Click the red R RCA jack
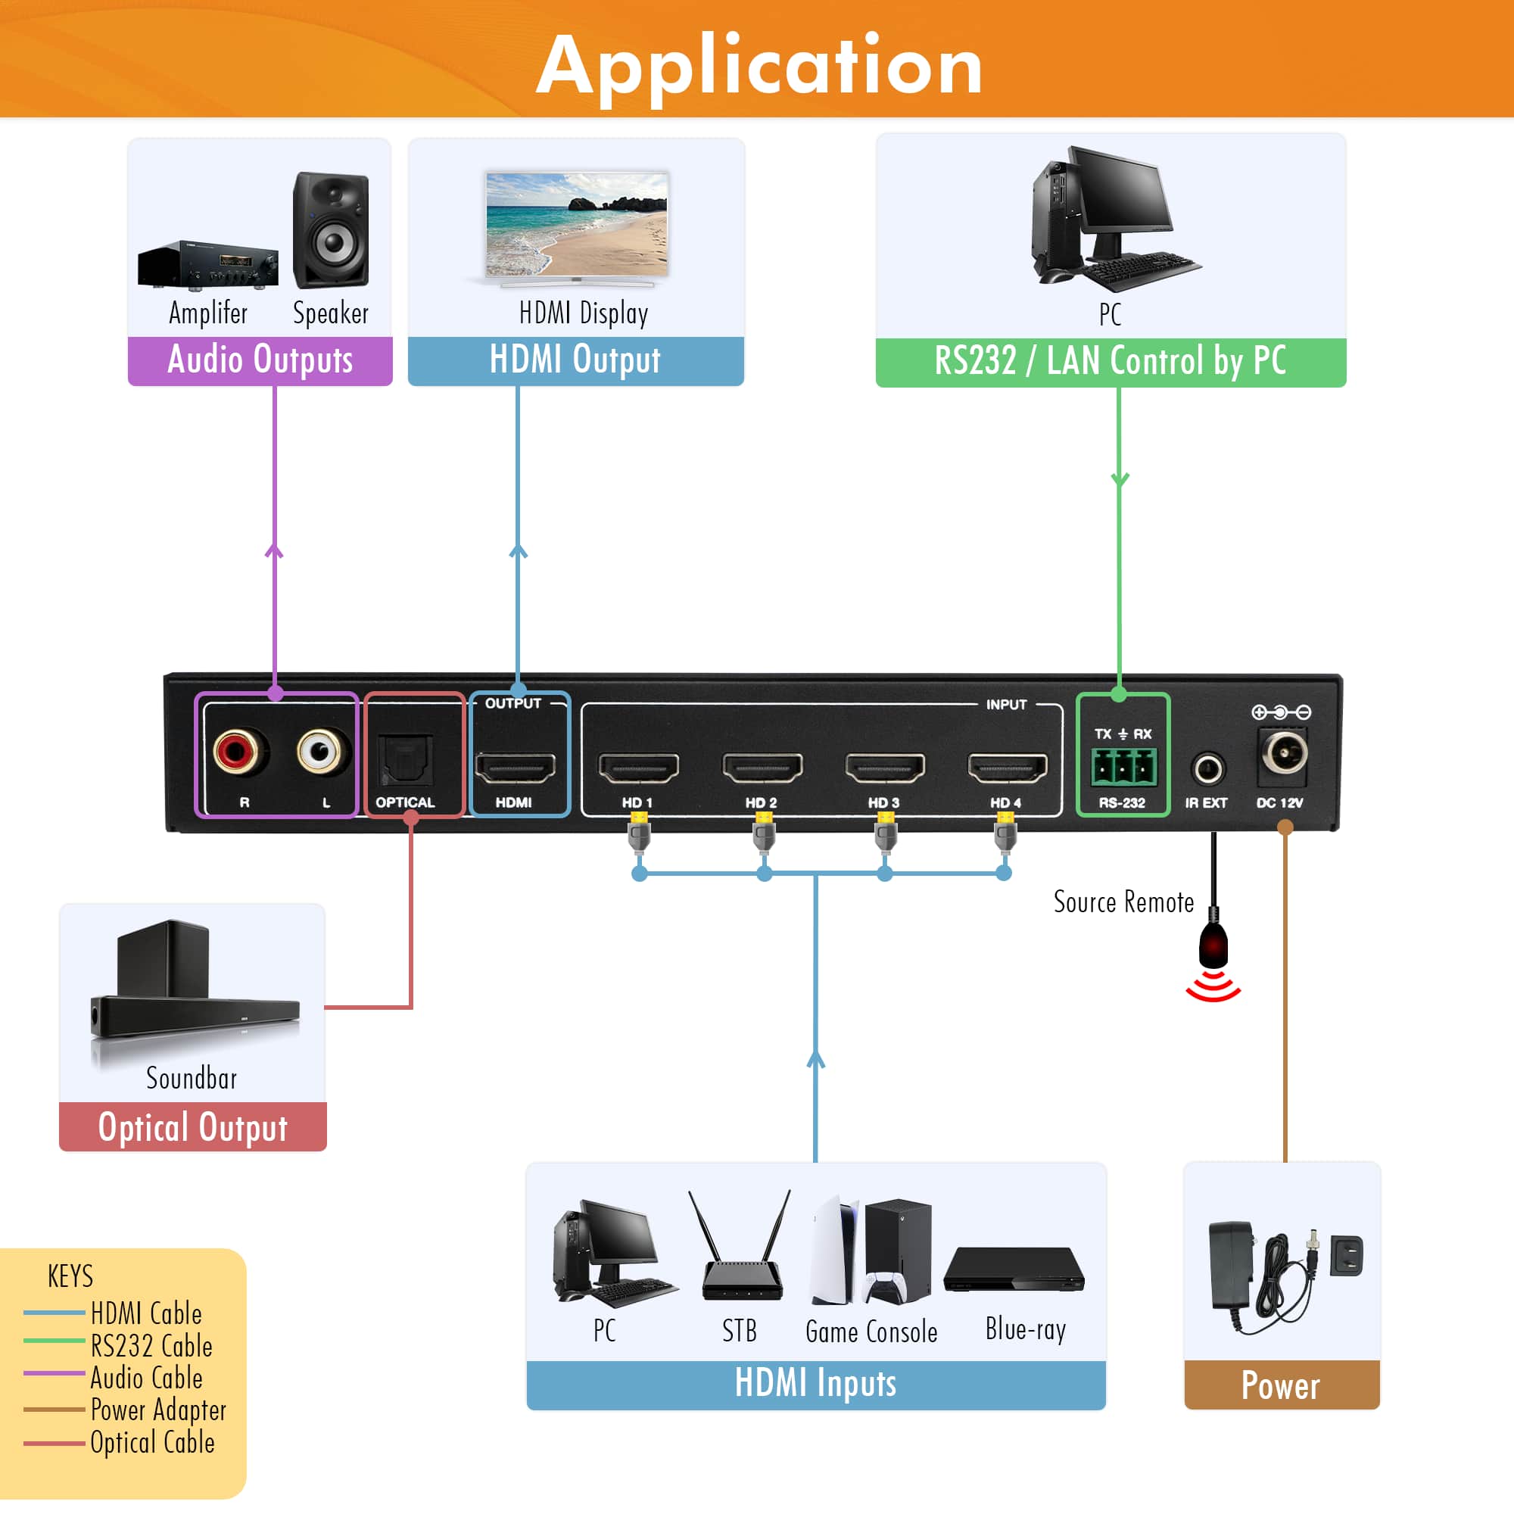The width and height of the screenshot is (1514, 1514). coord(235,752)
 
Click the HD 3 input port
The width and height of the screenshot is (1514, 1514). coord(885,767)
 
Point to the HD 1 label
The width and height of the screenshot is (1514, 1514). coord(637,802)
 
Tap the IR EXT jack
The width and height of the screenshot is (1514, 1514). coord(1207,769)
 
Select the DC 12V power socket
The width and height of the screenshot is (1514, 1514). coord(1284,755)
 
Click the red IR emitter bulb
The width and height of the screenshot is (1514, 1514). coord(1213,945)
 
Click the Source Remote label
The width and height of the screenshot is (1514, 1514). coord(1123,902)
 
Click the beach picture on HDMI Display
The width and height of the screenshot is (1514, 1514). coord(577,223)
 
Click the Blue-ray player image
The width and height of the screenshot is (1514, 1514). coord(1014,1269)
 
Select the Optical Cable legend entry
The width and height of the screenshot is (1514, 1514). coord(151,1443)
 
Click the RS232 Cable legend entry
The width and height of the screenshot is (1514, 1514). coord(151,1345)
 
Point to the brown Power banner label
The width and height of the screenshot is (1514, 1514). coord(1281,1385)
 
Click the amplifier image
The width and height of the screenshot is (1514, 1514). coord(207,265)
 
